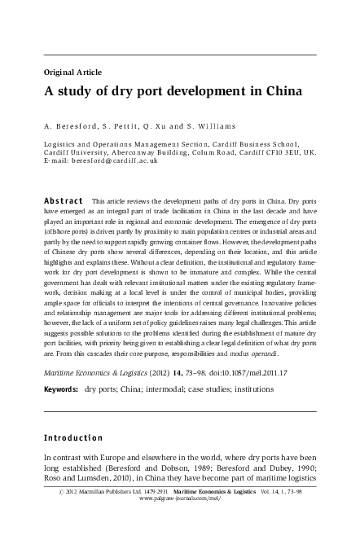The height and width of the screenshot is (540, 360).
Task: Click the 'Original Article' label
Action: pyautogui.click(x=71, y=71)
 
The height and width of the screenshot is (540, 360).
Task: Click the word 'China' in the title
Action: pyautogui.click(x=280, y=90)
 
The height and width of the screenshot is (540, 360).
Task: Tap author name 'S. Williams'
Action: pyautogui.click(x=213, y=126)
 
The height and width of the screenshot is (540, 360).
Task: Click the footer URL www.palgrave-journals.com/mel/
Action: pyautogui.click(x=179, y=524)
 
